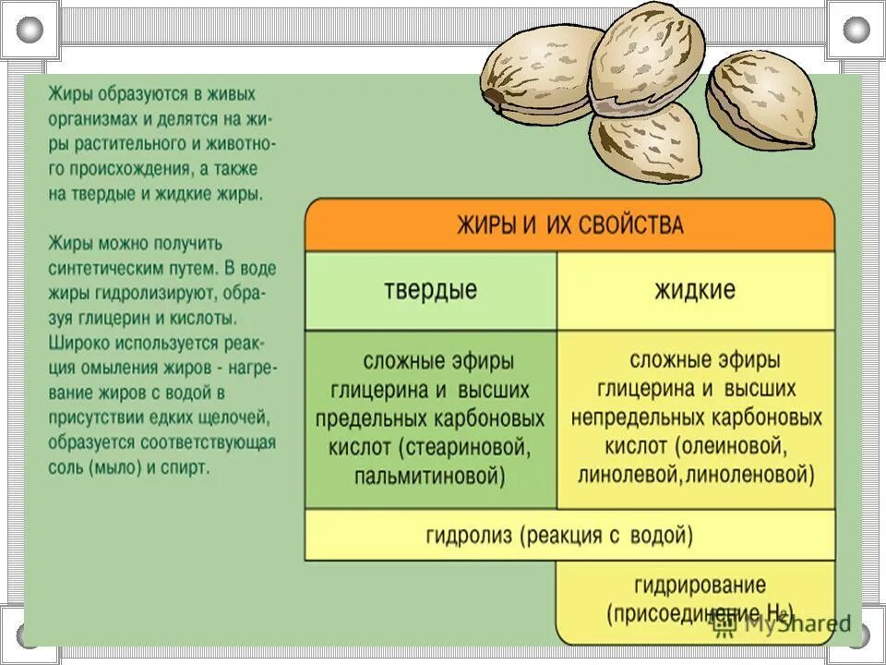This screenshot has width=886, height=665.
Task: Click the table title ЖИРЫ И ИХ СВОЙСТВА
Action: click(x=569, y=225)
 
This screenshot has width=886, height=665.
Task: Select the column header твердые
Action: click(x=430, y=290)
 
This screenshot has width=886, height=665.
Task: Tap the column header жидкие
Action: click(x=694, y=290)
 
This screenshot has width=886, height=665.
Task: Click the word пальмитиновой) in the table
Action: click(x=430, y=477)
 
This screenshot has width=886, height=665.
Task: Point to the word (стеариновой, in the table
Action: click(x=466, y=448)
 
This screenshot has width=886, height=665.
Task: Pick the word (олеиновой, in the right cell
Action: click(x=730, y=448)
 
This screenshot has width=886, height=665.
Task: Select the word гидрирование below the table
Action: click(x=700, y=586)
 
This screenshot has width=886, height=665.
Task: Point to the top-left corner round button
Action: click(x=30, y=30)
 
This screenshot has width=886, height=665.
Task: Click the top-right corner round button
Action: click(x=856, y=30)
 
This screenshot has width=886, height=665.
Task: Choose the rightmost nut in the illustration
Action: click(x=762, y=100)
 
